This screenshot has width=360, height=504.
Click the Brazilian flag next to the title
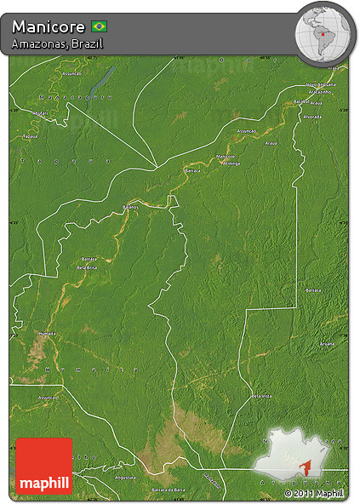(x=99, y=26)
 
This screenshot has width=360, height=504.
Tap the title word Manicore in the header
(x=49, y=26)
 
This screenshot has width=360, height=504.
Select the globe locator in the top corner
(x=324, y=32)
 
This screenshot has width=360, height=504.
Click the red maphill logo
(x=44, y=466)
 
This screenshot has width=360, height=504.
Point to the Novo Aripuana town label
(x=321, y=85)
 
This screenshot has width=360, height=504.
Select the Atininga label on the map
(x=230, y=163)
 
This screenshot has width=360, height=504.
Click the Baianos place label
(x=129, y=207)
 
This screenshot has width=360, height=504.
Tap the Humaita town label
(x=48, y=333)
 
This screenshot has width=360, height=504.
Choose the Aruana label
(x=327, y=343)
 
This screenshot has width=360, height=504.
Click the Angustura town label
(x=126, y=478)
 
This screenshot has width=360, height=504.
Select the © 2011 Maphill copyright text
(x=314, y=493)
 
